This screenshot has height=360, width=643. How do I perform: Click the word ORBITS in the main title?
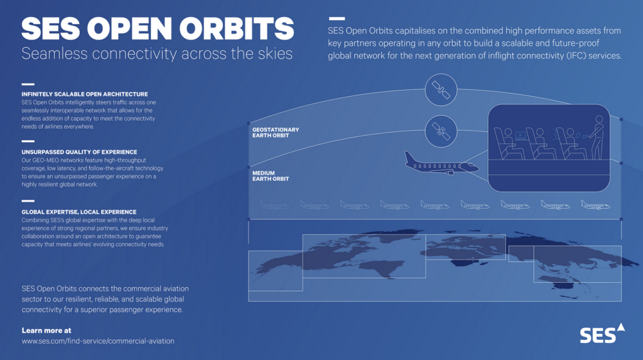(237, 29)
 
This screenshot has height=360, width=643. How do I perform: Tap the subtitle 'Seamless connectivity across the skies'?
(157, 54)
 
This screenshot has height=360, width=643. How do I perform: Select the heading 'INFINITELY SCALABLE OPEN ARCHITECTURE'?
(85, 94)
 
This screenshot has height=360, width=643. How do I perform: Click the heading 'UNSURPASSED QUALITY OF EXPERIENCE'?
(80, 152)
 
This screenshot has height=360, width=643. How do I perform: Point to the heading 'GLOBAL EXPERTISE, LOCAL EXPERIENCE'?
(79, 212)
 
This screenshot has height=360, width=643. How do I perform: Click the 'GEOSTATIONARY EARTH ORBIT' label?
(276, 133)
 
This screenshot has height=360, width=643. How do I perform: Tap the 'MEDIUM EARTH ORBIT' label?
(271, 176)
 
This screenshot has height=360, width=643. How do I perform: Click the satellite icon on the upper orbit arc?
(441, 90)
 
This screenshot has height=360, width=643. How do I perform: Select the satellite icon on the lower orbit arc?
(441, 131)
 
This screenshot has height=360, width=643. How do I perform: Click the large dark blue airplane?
(441, 164)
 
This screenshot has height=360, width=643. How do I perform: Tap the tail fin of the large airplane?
(409, 157)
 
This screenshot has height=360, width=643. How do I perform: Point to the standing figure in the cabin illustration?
(597, 138)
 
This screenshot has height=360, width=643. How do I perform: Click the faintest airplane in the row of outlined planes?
(274, 204)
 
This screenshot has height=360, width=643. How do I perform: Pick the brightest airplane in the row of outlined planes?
(595, 204)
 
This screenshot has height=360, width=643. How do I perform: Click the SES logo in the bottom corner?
(602, 334)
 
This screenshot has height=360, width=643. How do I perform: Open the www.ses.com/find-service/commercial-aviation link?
(98, 341)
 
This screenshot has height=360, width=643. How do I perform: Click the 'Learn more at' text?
(46, 330)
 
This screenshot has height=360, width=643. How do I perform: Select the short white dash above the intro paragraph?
(337, 18)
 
